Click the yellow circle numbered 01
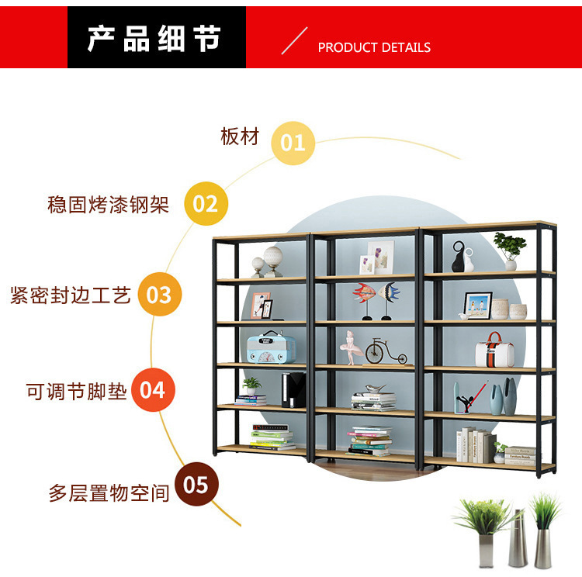pos(293,143)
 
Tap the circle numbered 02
pos(206,204)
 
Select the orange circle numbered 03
pos(159,295)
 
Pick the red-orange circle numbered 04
pos(153,389)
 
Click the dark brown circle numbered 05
pos(196,485)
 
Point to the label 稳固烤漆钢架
pos(108,205)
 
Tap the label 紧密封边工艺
pos(71,295)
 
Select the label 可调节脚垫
pos(76,391)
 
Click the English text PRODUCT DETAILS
pos(374,47)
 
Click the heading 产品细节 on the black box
pos(154,38)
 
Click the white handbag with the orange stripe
pos(494,351)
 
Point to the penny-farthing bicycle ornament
pos(386,351)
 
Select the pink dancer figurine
pos(349,347)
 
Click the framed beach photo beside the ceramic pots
pos(477,304)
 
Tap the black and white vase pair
pos(462,257)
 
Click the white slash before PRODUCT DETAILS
pos(294,40)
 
